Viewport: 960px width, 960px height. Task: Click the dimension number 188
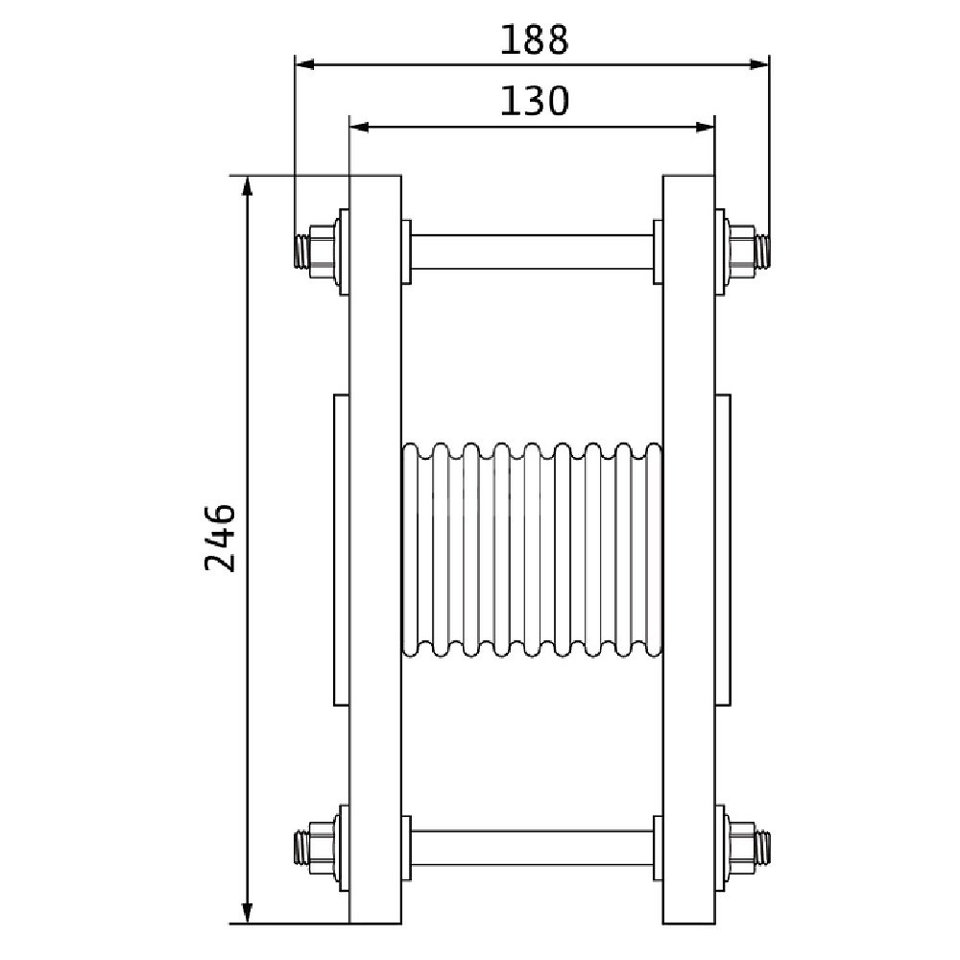(535, 40)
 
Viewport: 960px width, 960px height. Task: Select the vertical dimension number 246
(220, 539)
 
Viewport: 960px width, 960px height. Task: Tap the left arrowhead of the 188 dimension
(304, 64)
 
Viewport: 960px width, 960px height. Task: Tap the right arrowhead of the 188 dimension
(759, 64)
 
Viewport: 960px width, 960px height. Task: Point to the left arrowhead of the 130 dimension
(358, 127)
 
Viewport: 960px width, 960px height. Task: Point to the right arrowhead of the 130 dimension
(706, 127)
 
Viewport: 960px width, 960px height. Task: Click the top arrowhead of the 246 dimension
(247, 185)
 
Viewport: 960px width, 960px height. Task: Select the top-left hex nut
(322, 252)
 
